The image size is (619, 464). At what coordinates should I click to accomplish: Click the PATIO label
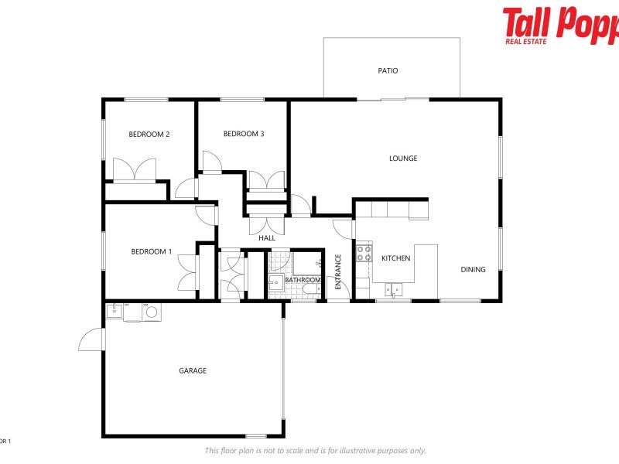point(388,70)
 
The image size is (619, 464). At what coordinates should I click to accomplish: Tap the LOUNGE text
point(403,159)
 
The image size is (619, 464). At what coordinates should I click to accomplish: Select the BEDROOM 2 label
point(149,135)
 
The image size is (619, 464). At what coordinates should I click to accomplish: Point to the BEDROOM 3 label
point(244,134)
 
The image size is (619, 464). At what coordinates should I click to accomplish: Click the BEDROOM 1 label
point(152,251)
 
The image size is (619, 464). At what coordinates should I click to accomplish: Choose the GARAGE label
point(193,370)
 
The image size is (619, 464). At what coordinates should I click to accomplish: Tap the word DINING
point(474,270)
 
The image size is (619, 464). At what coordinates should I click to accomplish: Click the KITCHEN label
point(395,258)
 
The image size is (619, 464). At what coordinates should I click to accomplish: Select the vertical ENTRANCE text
point(338,271)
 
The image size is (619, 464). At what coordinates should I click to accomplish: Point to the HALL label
point(267,238)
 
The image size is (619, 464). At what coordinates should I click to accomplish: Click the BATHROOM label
point(303,280)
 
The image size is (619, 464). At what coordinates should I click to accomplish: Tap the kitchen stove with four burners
point(364,252)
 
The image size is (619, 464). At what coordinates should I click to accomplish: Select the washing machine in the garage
point(151,312)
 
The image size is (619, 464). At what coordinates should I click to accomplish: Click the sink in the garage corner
point(114,311)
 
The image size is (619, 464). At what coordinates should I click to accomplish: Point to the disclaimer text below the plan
point(315,450)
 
